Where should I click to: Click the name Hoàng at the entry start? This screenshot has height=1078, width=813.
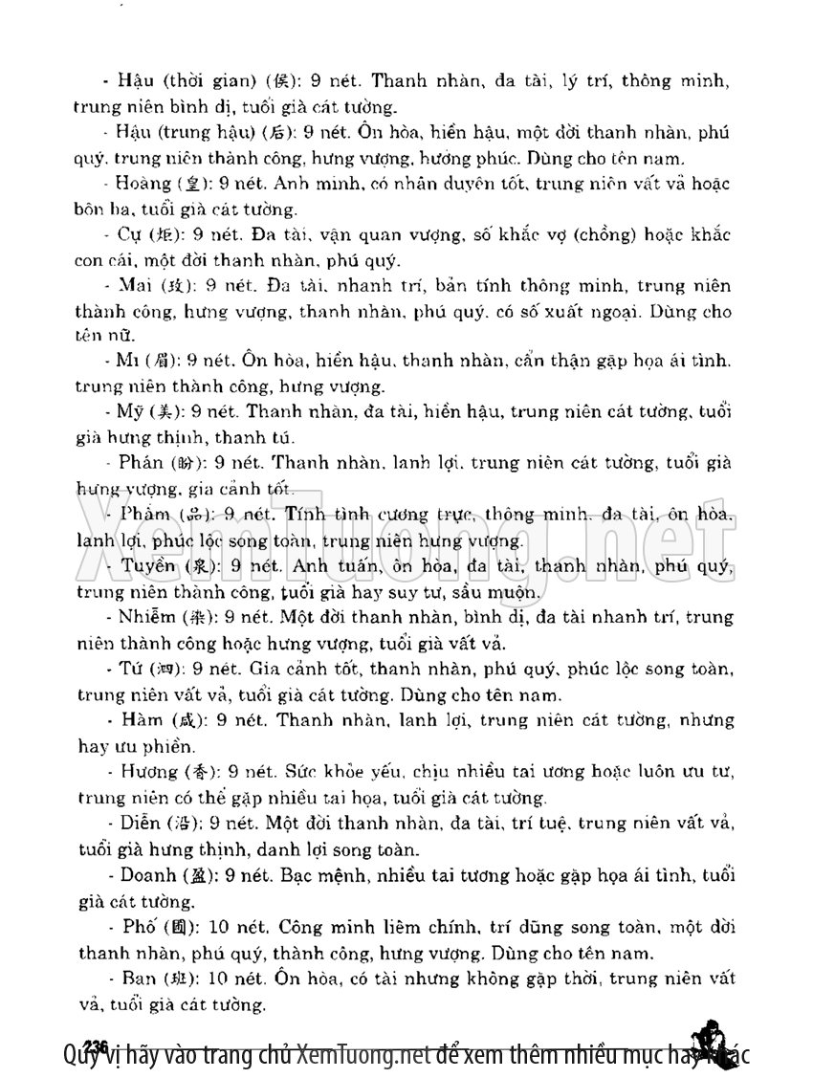(142, 183)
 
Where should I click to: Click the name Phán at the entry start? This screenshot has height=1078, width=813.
(140, 464)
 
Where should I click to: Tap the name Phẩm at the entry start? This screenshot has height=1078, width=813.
(145, 515)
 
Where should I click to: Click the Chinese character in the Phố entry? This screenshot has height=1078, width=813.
(182, 927)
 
